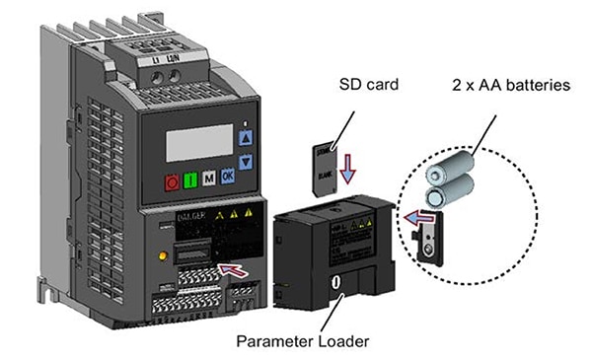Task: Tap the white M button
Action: [x=208, y=179]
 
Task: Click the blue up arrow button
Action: [x=246, y=139]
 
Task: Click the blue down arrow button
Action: [x=246, y=161]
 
